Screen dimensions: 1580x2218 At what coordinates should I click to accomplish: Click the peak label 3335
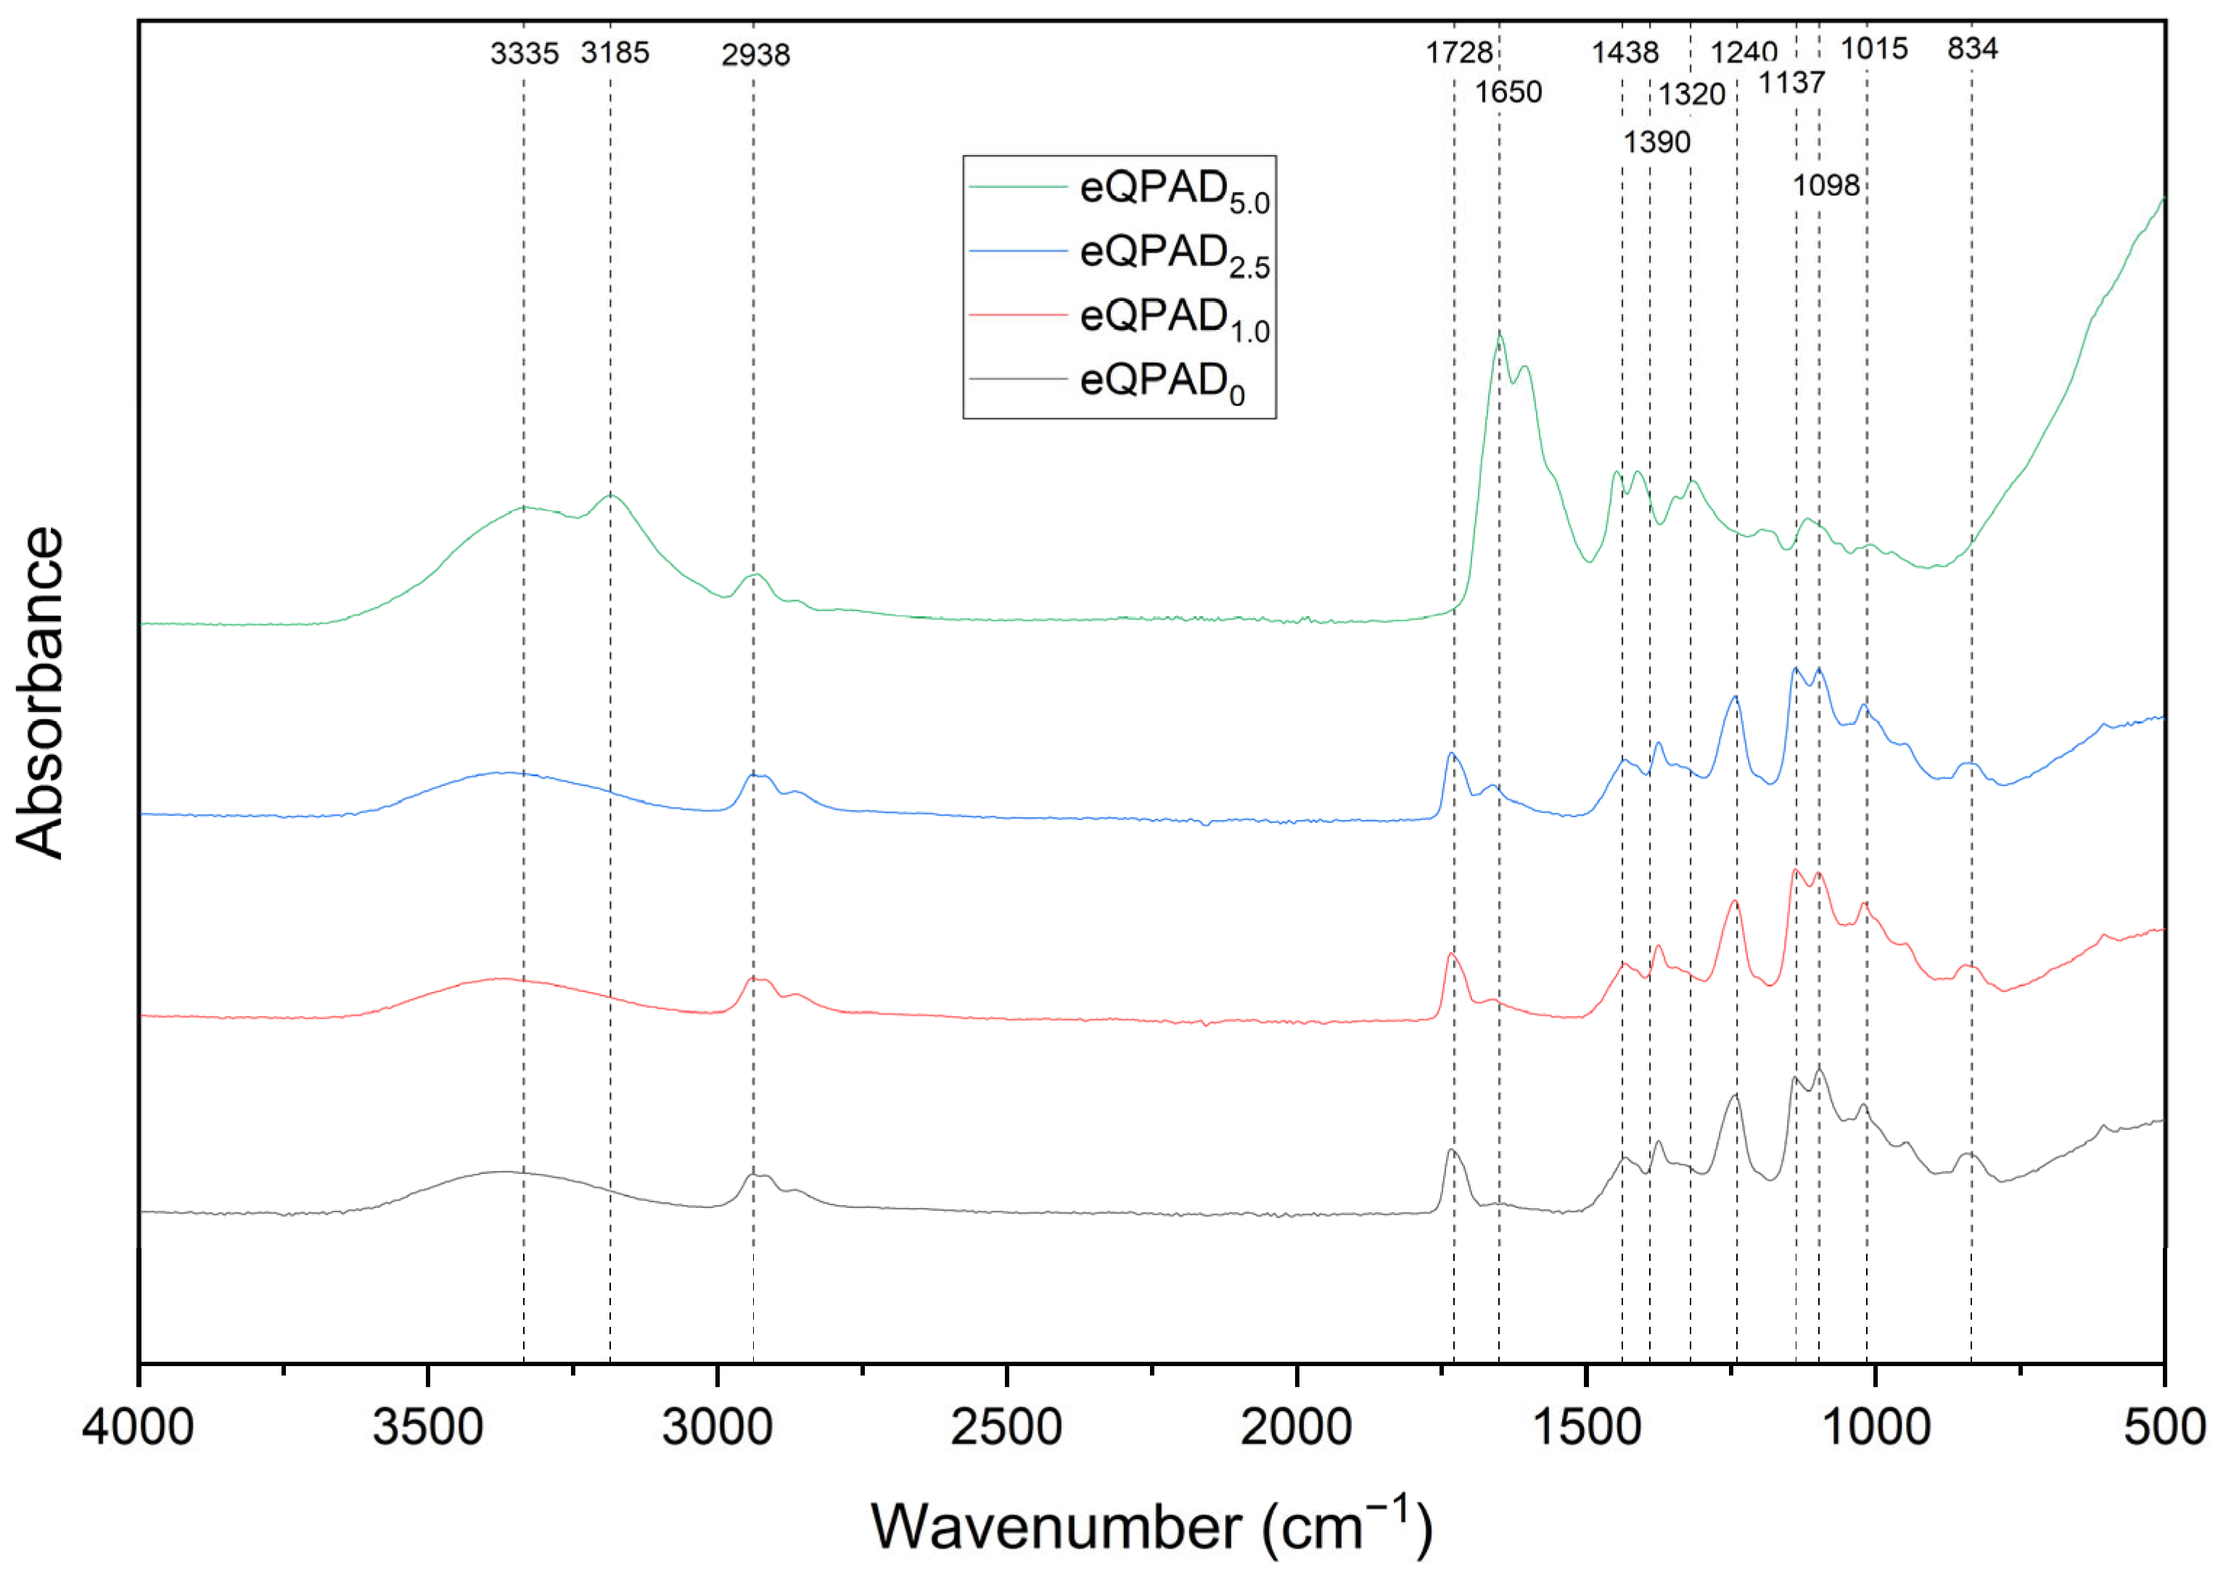524,54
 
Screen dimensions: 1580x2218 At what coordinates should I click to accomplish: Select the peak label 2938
755,55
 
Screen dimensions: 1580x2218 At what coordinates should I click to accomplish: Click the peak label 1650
1508,92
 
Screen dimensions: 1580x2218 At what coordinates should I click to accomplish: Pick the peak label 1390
1656,142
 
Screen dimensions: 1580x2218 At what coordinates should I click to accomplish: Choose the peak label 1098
1825,185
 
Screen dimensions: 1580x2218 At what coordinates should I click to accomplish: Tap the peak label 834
1972,49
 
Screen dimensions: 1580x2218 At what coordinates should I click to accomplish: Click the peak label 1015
1873,49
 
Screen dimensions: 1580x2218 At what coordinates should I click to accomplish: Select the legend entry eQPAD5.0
1172,189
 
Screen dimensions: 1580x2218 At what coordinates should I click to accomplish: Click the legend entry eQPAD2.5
1172,253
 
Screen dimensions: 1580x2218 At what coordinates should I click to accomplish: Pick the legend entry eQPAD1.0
1172,317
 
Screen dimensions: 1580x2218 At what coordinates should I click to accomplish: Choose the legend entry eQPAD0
1161,381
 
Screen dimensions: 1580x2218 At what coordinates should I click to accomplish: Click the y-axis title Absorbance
41,692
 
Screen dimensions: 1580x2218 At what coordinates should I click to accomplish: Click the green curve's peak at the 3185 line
610,495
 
